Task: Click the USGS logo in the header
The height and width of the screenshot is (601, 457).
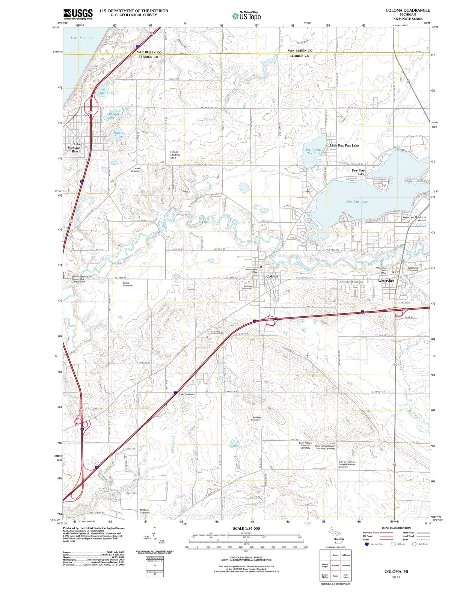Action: pyautogui.click(x=77, y=14)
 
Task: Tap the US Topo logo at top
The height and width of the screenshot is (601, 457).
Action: pyautogui.click(x=246, y=16)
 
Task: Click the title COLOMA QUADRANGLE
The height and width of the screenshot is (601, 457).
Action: pyautogui.click(x=407, y=10)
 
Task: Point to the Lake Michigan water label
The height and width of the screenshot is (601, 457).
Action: pyautogui.click(x=83, y=38)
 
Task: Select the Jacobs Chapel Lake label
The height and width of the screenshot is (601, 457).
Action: pyautogui.click(x=104, y=91)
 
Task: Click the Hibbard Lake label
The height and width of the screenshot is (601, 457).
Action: pyautogui.click(x=112, y=115)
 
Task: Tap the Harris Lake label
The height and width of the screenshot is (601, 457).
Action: pyautogui.click(x=118, y=134)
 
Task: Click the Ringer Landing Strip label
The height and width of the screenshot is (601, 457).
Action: pyautogui.click(x=175, y=154)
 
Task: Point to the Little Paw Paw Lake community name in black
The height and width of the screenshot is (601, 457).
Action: pyautogui.click(x=344, y=145)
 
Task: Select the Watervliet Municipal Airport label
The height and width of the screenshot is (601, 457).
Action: pyautogui.click(x=414, y=219)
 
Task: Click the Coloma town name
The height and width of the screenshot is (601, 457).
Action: pyautogui.click(x=272, y=276)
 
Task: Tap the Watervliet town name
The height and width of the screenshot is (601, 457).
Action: pyautogui.click(x=386, y=281)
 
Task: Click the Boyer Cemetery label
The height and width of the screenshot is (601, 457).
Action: pyautogui.click(x=186, y=394)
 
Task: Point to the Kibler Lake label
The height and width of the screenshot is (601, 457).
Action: pyautogui.click(x=235, y=444)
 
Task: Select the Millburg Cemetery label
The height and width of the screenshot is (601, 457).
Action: pyautogui.click(x=145, y=511)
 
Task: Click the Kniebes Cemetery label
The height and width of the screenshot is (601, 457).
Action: pyautogui.click(x=256, y=418)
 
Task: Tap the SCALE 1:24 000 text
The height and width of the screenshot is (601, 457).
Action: pyautogui.click(x=246, y=529)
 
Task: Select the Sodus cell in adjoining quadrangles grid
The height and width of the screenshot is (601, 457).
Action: pyautogui.click(x=335, y=576)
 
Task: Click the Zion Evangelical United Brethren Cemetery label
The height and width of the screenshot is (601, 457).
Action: pyautogui.click(x=347, y=464)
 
